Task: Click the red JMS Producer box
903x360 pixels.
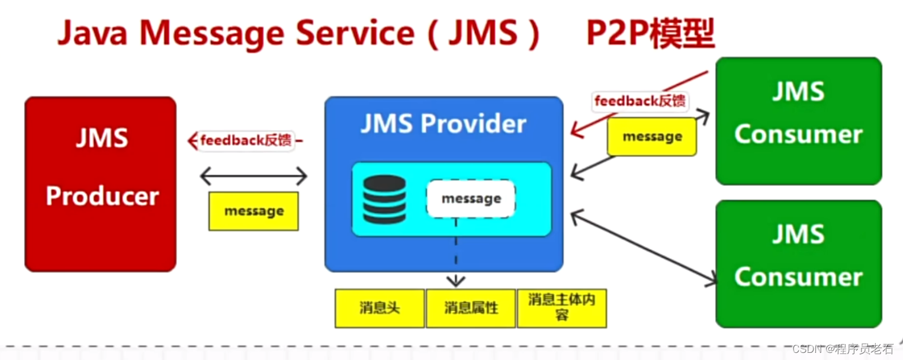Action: (100, 184)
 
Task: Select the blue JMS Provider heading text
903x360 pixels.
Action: (444, 124)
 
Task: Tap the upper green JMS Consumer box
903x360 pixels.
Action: (798, 121)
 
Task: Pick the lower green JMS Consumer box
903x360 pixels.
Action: (798, 263)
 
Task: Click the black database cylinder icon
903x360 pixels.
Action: (384, 200)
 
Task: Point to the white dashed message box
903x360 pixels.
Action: (471, 199)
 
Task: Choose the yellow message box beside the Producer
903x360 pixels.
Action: (253, 211)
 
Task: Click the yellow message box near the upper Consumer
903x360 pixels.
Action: (652, 137)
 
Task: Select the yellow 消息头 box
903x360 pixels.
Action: (380, 308)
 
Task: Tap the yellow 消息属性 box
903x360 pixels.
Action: (471, 308)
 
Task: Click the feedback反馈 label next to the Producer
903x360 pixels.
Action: (245, 141)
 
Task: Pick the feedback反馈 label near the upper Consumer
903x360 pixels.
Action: (640, 101)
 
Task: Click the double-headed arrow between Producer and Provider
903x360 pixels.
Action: (253, 176)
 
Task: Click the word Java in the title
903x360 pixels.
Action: (92, 34)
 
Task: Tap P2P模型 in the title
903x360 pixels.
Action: (650, 34)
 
